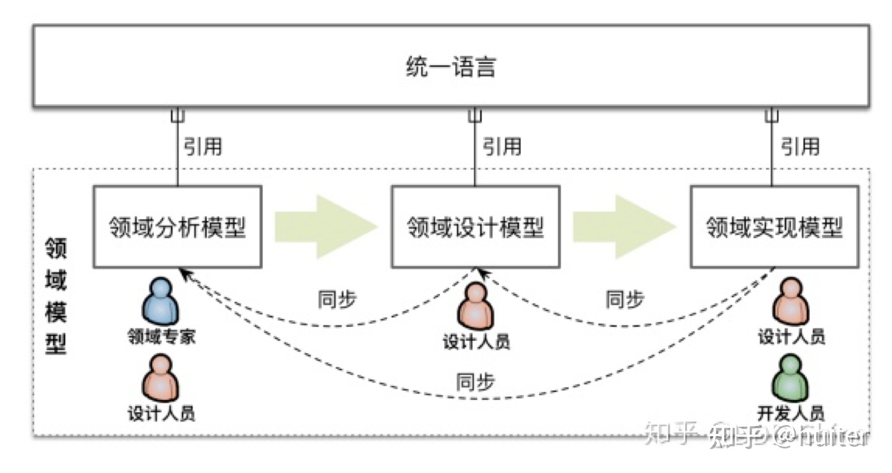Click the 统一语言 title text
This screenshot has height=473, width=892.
(x=450, y=66)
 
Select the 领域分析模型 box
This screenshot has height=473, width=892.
(x=177, y=227)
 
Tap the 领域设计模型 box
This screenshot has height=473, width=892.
(x=476, y=227)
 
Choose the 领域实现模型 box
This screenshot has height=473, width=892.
(x=774, y=227)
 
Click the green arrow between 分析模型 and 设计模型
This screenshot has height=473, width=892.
(x=326, y=226)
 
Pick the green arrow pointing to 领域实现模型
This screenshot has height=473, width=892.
(x=624, y=226)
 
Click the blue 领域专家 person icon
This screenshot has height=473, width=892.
(x=161, y=302)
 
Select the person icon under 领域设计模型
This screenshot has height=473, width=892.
(x=476, y=306)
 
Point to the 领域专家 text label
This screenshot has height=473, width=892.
(x=162, y=336)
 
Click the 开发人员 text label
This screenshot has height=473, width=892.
(x=791, y=413)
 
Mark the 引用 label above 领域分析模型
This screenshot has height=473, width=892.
(x=203, y=147)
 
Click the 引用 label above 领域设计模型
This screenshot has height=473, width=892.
(x=502, y=147)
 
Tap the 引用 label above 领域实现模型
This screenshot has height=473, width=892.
(x=800, y=147)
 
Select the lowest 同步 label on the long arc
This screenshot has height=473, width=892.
(x=475, y=382)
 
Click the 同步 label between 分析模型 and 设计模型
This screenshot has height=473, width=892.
(x=337, y=300)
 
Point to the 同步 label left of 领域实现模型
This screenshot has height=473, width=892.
(x=624, y=300)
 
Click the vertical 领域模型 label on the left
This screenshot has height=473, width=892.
(x=56, y=296)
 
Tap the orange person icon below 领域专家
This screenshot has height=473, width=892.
(x=161, y=379)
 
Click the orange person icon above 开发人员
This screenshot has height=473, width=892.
(x=790, y=302)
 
